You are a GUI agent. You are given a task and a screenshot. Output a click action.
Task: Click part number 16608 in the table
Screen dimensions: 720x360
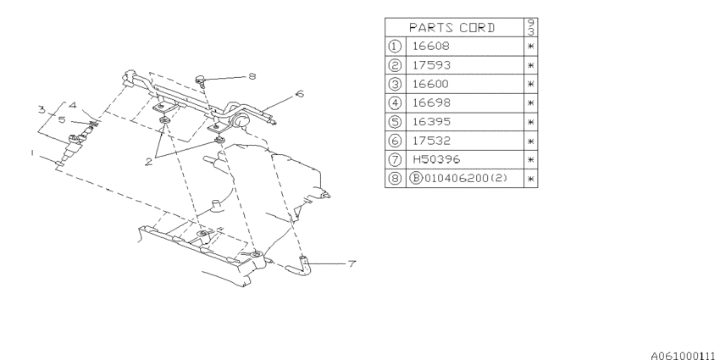pos(430,46)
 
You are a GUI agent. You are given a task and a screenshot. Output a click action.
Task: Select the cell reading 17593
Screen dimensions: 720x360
pos(432,65)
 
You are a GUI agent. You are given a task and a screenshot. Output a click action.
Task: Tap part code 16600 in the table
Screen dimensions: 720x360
pos(430,84)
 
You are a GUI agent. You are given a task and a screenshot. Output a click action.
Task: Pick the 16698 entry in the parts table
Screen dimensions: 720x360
pos(430,102)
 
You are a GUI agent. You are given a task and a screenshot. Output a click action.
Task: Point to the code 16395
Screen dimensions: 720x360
pos(432,122)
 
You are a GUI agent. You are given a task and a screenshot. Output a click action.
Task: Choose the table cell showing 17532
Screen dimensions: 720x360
pos(432,141)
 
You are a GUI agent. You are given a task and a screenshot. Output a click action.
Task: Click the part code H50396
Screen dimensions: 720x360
pos(436,159)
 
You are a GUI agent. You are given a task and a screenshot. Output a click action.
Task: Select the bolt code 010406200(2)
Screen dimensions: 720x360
pos(464,178)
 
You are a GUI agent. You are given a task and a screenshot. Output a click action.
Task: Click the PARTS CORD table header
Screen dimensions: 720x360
pos(452,28)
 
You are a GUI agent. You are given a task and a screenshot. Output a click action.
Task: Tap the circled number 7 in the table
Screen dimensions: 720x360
pos(395,159)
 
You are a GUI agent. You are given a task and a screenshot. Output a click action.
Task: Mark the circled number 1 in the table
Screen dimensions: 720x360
pos(395,46)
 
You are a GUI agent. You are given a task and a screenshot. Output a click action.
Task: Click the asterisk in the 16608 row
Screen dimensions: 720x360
pos(530,47)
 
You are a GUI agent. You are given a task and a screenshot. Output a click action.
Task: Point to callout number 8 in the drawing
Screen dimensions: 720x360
pos(252,76)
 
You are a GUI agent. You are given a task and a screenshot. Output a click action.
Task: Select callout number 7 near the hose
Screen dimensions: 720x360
pos(352,264)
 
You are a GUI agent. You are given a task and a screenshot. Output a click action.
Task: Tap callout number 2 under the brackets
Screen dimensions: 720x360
pos(149,162)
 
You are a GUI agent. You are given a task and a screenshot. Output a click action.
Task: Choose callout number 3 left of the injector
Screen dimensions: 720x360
pos(42,110)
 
